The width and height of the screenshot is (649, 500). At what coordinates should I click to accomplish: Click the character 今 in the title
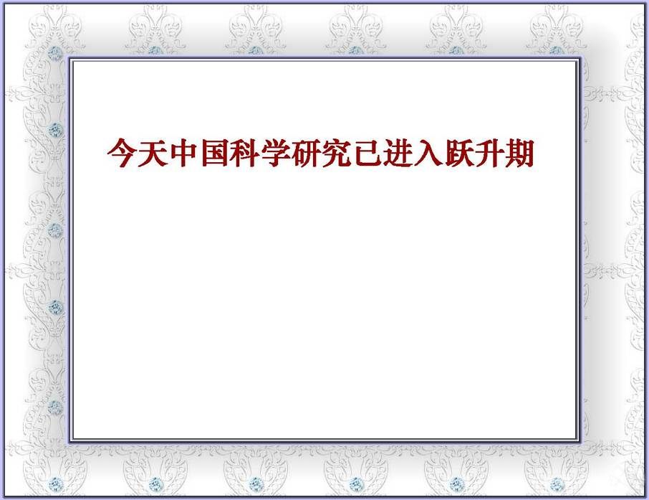tap(122, 153)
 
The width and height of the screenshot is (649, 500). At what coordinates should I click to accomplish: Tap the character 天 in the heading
tap(153, 153)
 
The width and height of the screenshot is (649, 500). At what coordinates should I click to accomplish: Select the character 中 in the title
tap(183, 153)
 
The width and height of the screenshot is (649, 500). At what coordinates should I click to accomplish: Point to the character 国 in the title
tap(214, 153)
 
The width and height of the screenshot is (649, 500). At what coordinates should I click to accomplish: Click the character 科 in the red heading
tap(244, 153)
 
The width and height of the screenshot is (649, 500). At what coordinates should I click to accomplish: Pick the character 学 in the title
tap(275, 153)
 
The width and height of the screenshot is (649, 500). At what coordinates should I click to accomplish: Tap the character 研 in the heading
tap(306, 153)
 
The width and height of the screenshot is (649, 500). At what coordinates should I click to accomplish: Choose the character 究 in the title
tap(337, 153)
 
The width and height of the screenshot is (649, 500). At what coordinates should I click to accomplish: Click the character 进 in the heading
tap(398, 153)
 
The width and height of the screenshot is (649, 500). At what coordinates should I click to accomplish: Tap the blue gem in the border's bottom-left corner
tap(55, 484)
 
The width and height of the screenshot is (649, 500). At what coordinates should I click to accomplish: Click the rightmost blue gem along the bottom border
tap(557, 484)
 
